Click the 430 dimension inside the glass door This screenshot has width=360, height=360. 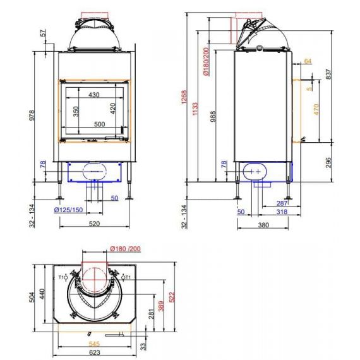tap(94, 95)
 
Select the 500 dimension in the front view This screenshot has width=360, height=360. tap(100, 124)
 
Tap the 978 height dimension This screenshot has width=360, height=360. tap(32, 115)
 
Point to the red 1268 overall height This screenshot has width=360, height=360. tap(184, 97)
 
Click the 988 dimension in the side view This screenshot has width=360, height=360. tap(213, 116)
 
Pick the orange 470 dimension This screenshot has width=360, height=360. tap(316, 109)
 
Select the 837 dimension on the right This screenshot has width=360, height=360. tap(329, 74)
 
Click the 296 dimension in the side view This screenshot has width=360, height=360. tap(329, 162)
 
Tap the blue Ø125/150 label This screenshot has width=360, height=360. tap(68, 210)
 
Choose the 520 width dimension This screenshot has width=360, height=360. tap(94, 224)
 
